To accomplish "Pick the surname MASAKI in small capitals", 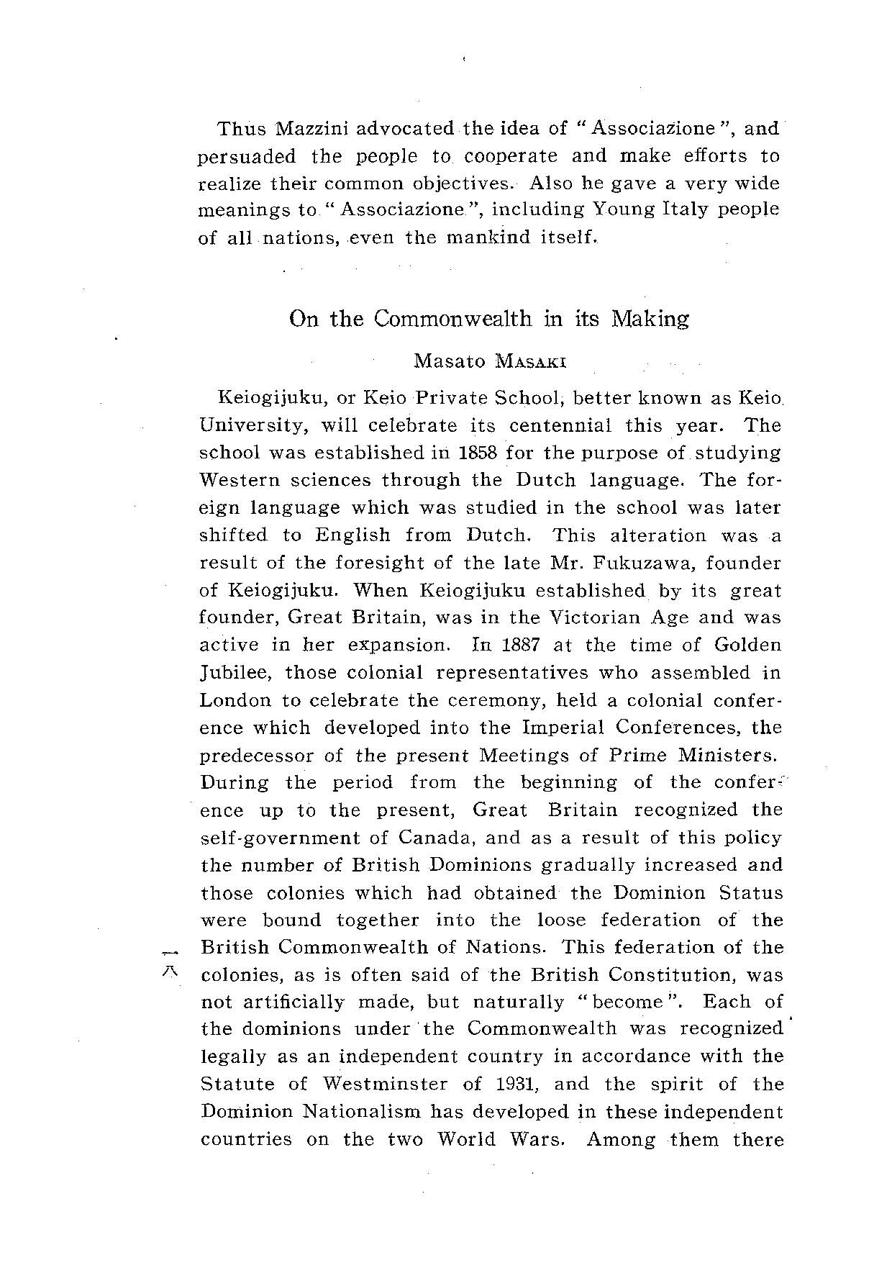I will pos(532,362).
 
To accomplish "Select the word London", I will pos(235,700).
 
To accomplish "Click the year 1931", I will pos(516,1084).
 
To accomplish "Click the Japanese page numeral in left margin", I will pos(170,961).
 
